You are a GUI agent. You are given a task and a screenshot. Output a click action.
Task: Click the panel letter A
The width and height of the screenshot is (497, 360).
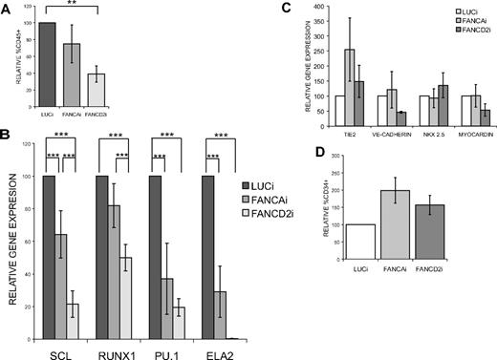(x=8, y=9)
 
